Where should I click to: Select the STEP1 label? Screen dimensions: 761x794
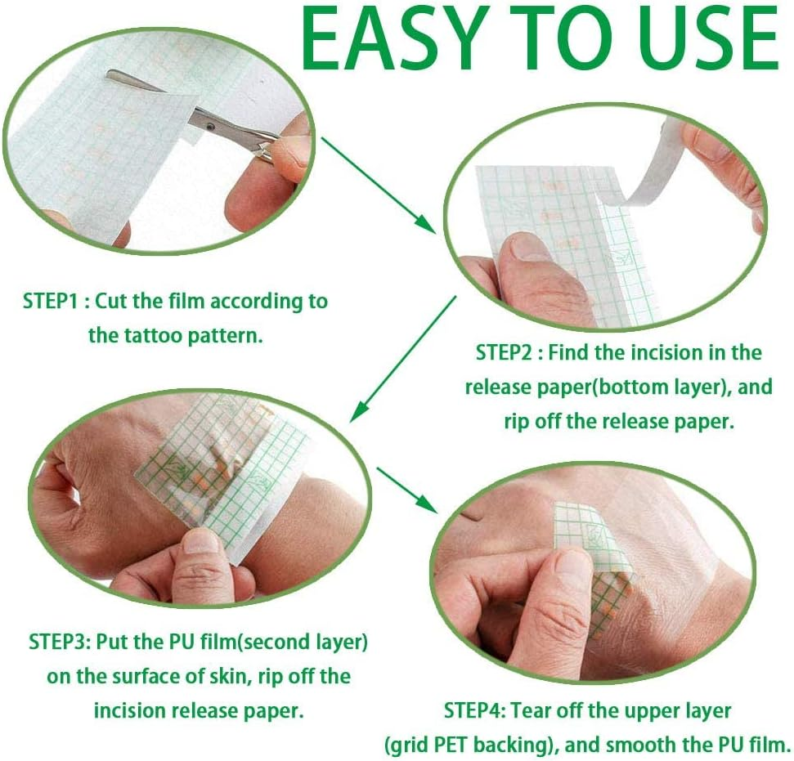click(x=54, y=301)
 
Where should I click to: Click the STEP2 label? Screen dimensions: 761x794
click(x=509, y=352)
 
